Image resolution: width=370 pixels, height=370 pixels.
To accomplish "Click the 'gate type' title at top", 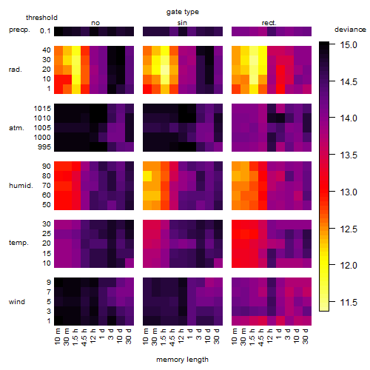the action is click(x=183, y=12).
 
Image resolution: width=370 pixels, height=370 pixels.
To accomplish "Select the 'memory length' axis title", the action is click(x=182, y=360).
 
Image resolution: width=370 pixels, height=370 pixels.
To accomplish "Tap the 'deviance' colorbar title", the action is click(x=350, y=30).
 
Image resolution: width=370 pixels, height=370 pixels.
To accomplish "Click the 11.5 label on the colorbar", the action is click(x=349, y=302).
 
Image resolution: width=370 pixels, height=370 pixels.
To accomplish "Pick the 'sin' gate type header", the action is click(x=182, y=23).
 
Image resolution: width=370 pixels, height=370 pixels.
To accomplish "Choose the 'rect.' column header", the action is click(x=269, y=23).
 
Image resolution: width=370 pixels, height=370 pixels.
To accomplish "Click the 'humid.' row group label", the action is click(x=21, y=186).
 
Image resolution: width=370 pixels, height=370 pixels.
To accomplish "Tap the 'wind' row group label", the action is click(x=17, y=302).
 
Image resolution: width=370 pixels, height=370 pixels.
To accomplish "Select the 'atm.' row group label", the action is click(x=16, y=128).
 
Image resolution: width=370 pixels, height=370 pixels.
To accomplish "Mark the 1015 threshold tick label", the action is click(x=42, y=108).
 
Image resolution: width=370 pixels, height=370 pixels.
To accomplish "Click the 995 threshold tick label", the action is click(x=44, y=147).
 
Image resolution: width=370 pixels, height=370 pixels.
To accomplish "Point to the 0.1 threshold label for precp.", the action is click(x=45, y=31).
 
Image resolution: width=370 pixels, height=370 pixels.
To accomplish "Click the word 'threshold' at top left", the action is click(x=41, y=18).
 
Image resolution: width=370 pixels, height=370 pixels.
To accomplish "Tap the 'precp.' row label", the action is click(x=19, y=30).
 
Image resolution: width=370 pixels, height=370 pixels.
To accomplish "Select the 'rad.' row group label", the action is click(x=16, y=70).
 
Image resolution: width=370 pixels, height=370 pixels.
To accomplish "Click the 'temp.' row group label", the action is click(x=18, y=243).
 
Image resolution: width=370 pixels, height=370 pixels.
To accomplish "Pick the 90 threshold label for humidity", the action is click(x=47, y=166).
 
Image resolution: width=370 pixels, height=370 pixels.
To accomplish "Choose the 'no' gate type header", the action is click(x=95, y=23).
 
